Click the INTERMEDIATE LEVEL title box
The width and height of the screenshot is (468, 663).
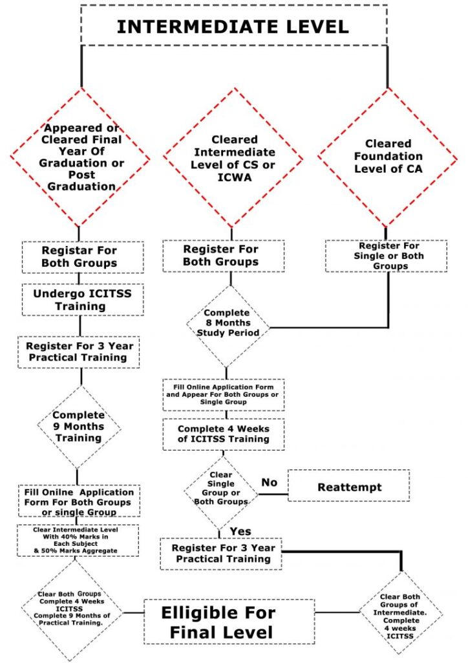pyautogui.click(x=233, y=26)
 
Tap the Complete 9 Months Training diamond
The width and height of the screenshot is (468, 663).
pyautogui.click(x=79, y=427)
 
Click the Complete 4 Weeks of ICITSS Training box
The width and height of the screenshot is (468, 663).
pyautogui.click(x=223, y=434)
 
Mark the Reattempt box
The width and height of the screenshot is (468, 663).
pyautogui.click(x=349, y=486)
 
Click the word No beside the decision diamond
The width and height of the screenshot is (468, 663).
pyautogui.click(x=268, y=482)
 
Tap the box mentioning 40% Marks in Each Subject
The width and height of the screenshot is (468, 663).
pyautogui.click(x=78, y=540)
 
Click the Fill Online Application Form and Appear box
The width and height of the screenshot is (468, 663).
pyautogui.click(x=223, y=394)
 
